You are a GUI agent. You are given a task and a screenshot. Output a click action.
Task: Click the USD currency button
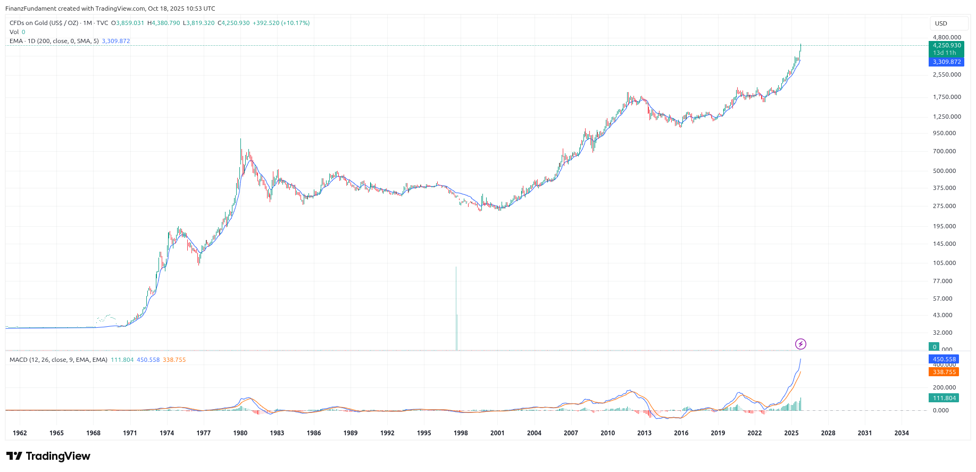(941, 23)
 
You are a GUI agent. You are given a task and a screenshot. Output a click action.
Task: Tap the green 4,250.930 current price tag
(947, 46)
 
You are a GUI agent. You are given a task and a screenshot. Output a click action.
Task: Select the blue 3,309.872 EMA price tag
(947, 62)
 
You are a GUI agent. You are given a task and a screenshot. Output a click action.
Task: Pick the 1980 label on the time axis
(240, 433)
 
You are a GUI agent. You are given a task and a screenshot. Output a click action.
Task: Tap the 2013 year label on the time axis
(644, 433)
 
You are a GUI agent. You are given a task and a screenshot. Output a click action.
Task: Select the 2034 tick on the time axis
(902, 433)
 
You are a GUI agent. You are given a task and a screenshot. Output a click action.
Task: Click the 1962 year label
(20, 433)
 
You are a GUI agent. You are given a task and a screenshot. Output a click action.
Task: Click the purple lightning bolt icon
(800, 344)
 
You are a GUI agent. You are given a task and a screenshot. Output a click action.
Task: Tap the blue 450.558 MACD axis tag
(944, 360)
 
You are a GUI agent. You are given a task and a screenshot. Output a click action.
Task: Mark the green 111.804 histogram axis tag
(944, 399)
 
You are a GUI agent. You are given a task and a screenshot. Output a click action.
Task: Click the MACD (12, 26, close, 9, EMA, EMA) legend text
(59, 360)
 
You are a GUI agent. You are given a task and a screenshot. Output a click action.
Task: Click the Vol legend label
(14, 32)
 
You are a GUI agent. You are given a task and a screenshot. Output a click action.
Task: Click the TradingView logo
(48, 457)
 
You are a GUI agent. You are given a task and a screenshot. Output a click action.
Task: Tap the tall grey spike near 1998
(456, 309)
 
